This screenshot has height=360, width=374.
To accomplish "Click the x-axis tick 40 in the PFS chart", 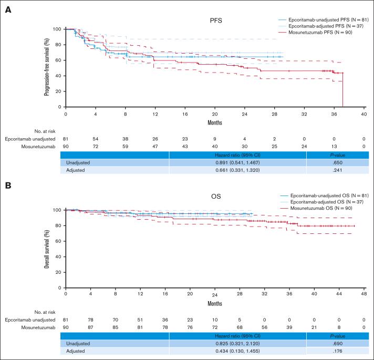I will (x=363, y=114).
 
